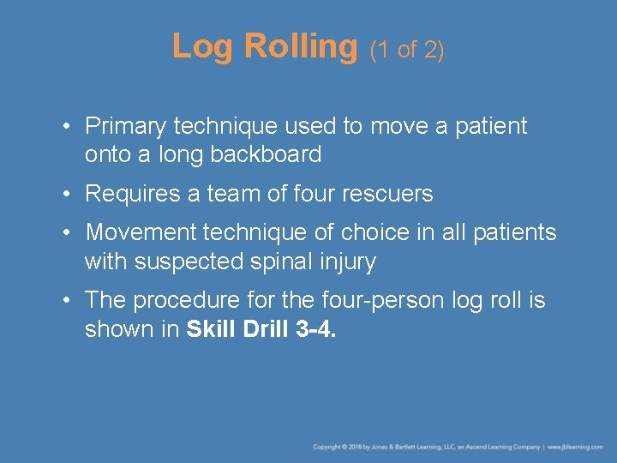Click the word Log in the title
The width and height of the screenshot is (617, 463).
[203, 46]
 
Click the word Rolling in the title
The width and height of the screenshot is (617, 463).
[300, 46]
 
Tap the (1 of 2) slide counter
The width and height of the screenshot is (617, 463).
[407, 50]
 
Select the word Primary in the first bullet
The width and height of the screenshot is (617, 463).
[126, 127]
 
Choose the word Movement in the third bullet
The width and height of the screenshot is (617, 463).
[140, 233]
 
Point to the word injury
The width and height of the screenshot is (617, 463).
[350, 262]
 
